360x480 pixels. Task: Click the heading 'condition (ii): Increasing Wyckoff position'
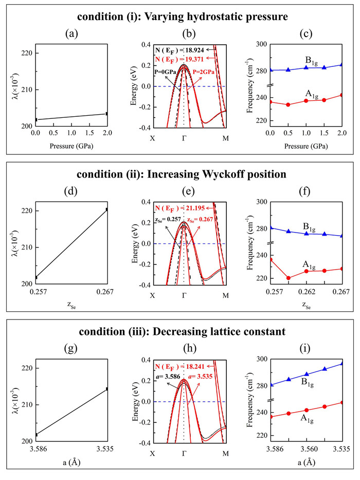click(179, 174)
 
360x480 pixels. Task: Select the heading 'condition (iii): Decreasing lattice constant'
click(179, 332)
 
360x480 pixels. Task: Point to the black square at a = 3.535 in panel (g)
click(106, 389)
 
